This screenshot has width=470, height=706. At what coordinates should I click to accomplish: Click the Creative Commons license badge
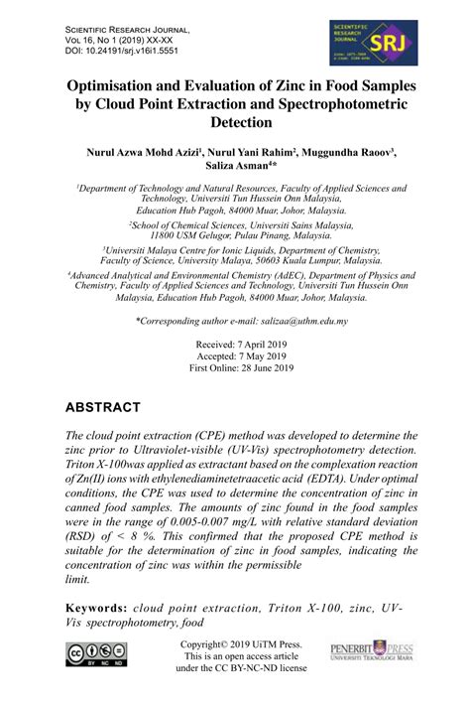(98, 654)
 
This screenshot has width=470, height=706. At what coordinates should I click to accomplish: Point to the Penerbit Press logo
(371, 651)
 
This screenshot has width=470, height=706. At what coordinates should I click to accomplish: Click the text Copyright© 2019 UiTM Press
(234, 644)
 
